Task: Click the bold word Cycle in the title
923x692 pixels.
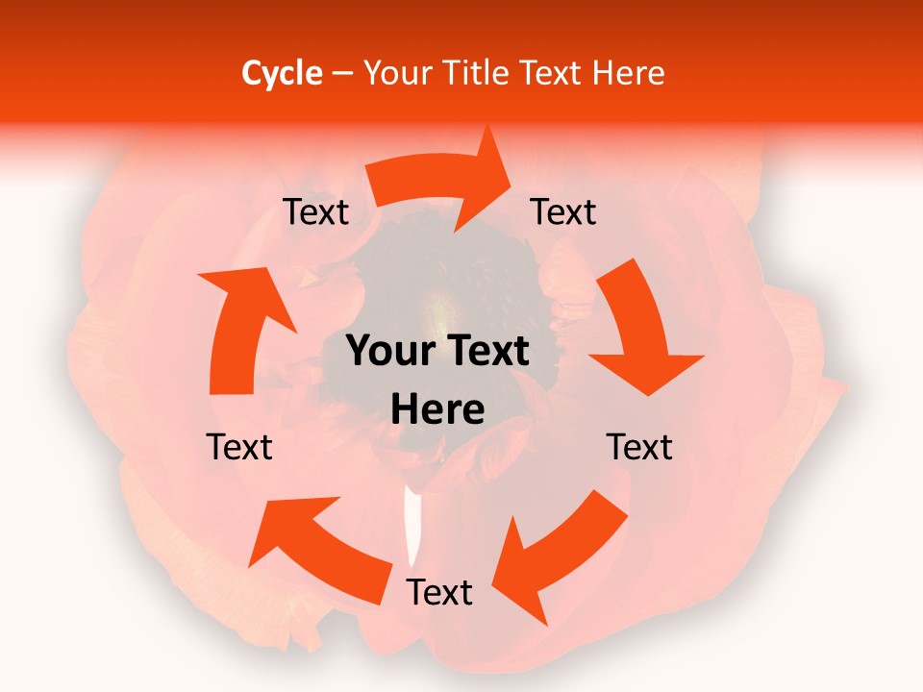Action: (282, 73)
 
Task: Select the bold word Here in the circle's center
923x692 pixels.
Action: (437, 410)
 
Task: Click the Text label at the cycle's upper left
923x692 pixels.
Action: (315, 212)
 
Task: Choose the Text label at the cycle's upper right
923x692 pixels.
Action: (563, 212)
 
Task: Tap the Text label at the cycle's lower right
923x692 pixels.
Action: (639, 447)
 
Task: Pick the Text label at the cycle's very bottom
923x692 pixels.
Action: (439, 592)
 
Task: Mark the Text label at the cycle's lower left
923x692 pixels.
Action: (239, 447)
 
